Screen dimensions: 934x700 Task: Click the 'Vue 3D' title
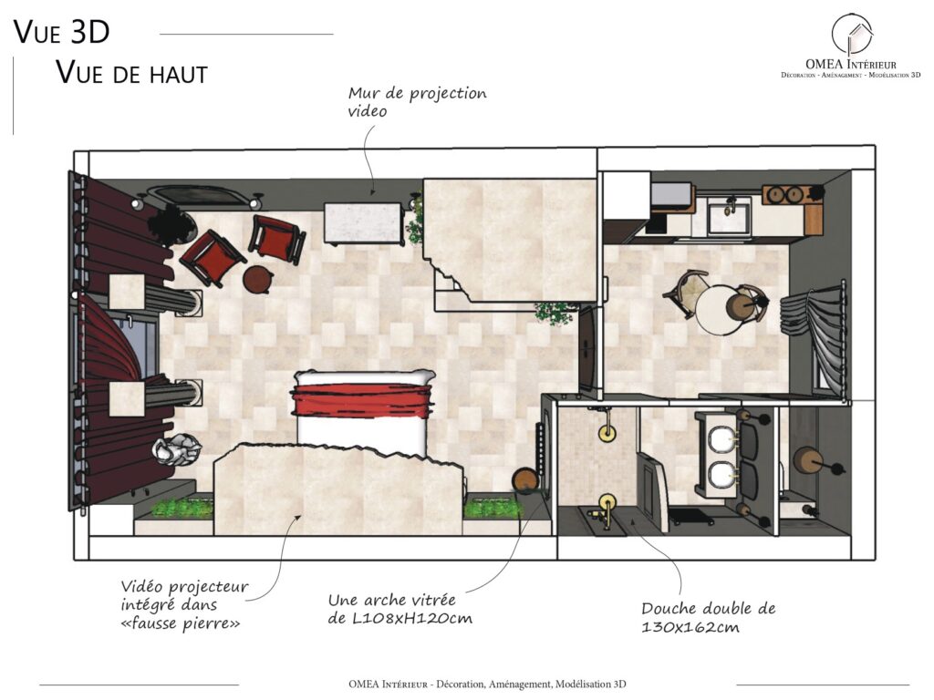pyautogui.click(x=61, y=32)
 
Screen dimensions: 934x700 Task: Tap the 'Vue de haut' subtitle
pyautogui.click(x=131, y=73)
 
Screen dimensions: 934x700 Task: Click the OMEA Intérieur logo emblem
pyautogui.click(x=852, y=36)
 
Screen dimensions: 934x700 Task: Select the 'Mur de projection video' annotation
pyautogui.click(x=417, y=102)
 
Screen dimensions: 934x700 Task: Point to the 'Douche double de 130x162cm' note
pyautogui.click(x=708, y=617)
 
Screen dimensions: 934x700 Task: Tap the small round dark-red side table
pyautogui.click(x=258, y=279)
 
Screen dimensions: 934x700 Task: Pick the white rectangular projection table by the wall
pyautogui.click(x=363, y=223)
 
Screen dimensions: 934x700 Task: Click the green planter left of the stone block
pyautogui.click(x=182, y=508)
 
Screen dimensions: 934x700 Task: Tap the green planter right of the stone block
pyautogui.click(x=493, y=508)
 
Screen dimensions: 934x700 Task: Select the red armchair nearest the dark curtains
pyautogui.click(x=212, y=258)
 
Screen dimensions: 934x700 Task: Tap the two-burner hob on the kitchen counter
pyautogui.click(x=784, y=195)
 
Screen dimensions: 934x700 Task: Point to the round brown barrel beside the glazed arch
pyautogui.click(x=525, y=479)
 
